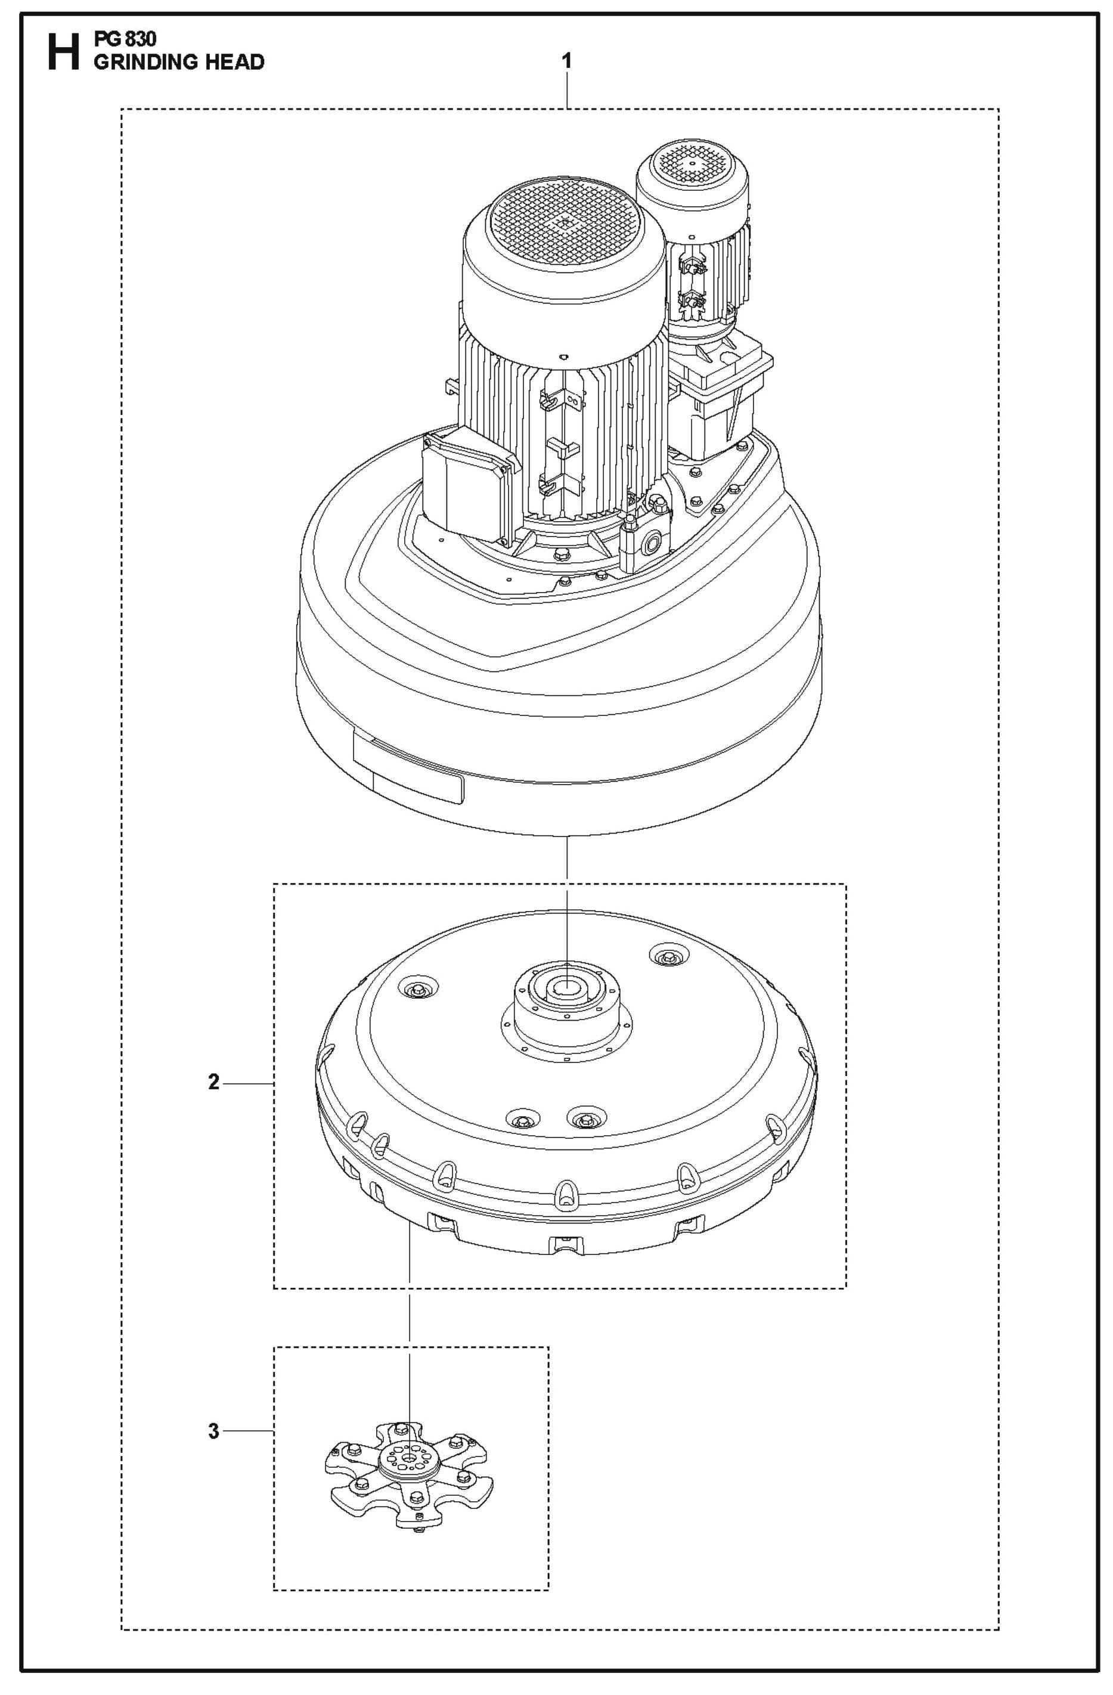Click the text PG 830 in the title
(125, 39)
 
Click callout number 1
(566, 61)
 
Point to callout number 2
(213, 1083)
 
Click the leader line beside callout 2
(249, 1083)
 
